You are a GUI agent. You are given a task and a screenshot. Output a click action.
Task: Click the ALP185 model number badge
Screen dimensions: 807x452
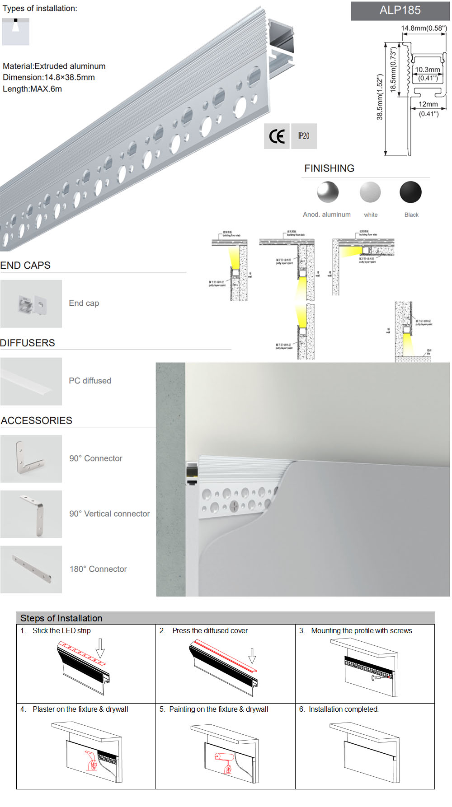[400, 10]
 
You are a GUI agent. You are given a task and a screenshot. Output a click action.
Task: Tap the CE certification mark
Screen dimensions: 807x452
[277, 136]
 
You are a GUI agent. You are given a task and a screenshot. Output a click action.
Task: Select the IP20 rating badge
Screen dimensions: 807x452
[304, 136]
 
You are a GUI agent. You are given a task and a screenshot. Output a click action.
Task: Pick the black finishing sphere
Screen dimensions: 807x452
[410, 192]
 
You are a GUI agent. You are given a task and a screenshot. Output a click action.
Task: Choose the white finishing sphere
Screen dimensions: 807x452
[370, 192]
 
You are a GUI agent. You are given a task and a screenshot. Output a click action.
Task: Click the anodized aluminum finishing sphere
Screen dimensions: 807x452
[328, 192]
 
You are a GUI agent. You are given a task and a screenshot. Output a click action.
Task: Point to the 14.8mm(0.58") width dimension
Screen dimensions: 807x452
[424, 28]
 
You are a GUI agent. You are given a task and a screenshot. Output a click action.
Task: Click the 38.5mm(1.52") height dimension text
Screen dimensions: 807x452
[380, 97]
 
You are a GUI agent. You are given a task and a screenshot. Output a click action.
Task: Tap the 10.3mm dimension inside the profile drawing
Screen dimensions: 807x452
[427, 70]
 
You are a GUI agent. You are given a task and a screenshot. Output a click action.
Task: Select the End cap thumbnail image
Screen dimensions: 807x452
[31, 303]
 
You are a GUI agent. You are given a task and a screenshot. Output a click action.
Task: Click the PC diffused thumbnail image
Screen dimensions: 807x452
[31, 381]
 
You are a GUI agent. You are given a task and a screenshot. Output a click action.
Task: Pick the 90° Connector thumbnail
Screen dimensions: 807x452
[31, 459]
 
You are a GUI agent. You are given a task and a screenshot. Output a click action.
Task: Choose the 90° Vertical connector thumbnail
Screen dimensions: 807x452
[31, 514]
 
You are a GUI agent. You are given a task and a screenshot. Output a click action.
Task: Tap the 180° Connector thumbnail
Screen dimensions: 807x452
[31, 569]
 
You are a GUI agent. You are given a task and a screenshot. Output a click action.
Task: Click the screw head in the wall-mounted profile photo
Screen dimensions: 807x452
[235, 506]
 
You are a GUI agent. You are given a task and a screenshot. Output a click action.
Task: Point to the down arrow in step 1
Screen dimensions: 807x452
[100, 648]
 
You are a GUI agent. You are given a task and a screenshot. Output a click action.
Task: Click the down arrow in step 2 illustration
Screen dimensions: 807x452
[252, 655]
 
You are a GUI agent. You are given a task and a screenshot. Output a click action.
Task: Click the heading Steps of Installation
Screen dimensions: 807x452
[61, 618]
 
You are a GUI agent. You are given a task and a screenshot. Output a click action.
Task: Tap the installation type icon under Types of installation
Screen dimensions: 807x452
[16, 32]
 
